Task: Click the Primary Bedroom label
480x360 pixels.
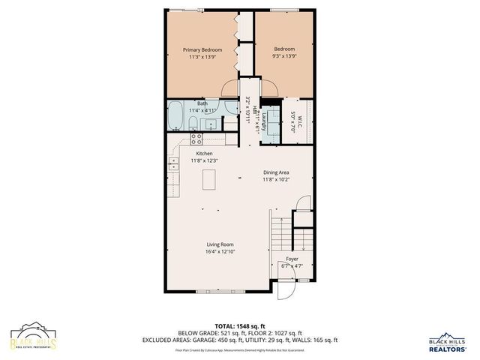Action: [202, 50]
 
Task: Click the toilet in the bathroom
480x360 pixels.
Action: [193, 124]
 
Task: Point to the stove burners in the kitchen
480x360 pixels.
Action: [196, 138]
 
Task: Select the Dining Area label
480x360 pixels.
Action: [276, 172]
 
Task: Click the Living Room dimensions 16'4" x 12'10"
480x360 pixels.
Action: [220, 251]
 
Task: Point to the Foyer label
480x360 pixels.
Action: [292, 258]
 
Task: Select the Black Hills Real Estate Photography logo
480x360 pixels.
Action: [32, 337]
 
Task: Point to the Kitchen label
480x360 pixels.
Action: [205, 153]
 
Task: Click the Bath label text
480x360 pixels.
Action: [202, 103]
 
